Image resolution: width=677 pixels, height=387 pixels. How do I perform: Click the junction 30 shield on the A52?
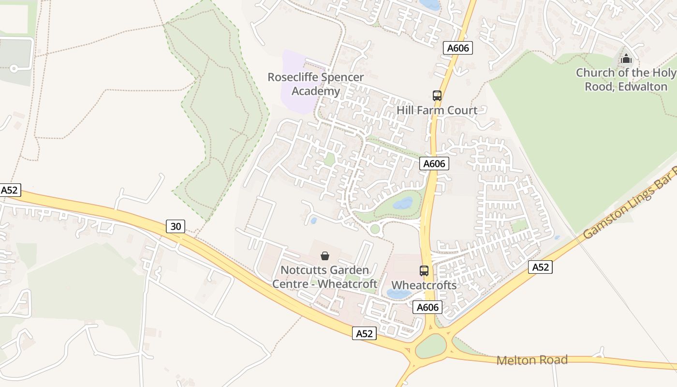tap(176, 226)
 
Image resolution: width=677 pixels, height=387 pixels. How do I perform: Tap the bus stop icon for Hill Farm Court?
tap(437, 95)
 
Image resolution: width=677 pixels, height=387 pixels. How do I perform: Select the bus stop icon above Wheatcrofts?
tap(424, 271)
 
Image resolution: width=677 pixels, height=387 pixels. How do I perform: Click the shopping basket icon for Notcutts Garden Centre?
tap(325, 255)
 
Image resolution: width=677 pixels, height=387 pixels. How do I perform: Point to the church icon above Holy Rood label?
tap(626, 59)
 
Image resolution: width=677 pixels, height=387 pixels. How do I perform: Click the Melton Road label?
tap(532, 360)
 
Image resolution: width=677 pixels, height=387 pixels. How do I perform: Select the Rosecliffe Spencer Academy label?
tap(316, 84)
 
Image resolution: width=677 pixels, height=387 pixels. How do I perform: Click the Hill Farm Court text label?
tap(437, 110)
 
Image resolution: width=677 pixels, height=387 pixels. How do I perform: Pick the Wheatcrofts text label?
tap(424, 285)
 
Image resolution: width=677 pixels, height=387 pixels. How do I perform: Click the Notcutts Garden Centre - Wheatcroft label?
tap(324, 277)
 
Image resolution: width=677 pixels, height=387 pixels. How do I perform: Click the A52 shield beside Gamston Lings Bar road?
tap(540, 267)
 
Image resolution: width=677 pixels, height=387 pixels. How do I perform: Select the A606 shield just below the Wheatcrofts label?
tap(427, 307)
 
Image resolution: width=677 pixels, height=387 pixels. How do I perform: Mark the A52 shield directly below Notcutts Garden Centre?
tap(364, 333)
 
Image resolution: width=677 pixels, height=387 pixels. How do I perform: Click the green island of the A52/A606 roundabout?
tap(430, 346)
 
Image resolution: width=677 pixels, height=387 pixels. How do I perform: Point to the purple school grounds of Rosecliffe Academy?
tap(295, 97)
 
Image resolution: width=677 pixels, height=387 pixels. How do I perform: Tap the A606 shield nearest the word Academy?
tap(457, 48)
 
